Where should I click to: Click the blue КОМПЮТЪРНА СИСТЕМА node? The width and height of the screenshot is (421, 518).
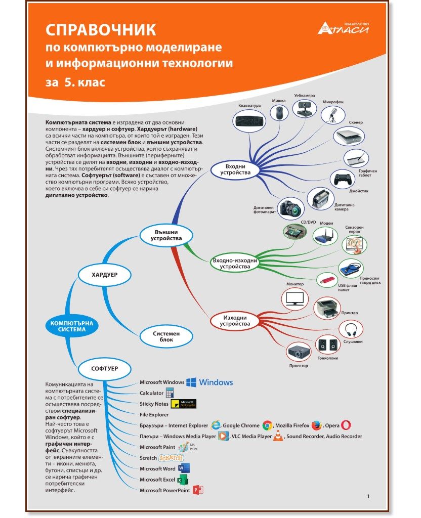[x=72, y=326]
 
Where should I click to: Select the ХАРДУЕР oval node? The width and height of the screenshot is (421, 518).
[x=104, y=275]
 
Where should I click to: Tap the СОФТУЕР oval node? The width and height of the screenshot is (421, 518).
[x=104, y=368]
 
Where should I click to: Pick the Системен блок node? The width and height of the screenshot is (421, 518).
[x=166, y=336]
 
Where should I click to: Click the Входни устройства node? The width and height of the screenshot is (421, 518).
[x=235, y=169]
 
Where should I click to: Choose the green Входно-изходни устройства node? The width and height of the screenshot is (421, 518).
[x=235, y=263]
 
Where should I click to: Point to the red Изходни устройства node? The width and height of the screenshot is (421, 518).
[x=235, y=321]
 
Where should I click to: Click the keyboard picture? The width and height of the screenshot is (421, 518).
[x=249, y=121]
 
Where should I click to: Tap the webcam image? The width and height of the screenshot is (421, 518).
[x=305, y=108]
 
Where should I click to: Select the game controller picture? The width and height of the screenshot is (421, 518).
[x=343, y=179]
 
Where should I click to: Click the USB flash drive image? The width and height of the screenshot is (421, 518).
[x=327, y=280]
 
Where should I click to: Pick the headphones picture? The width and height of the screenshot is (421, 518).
[x=351, y=329]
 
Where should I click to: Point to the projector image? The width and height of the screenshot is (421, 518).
[x=299, y=352]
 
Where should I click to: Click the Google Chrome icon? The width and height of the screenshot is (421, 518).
[x=267, y=425]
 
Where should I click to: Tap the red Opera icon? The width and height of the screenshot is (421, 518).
[x=346, y=425]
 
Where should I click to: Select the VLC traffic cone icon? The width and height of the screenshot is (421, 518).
[x=278, y=436]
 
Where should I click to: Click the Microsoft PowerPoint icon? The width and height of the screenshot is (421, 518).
[x=198, y=490]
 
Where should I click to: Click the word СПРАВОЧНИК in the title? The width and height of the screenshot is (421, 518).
[x=101, y=30]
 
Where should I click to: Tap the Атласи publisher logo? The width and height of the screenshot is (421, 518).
[x=344, y=28]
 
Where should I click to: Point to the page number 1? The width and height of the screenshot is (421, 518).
[x=368, y=496]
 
